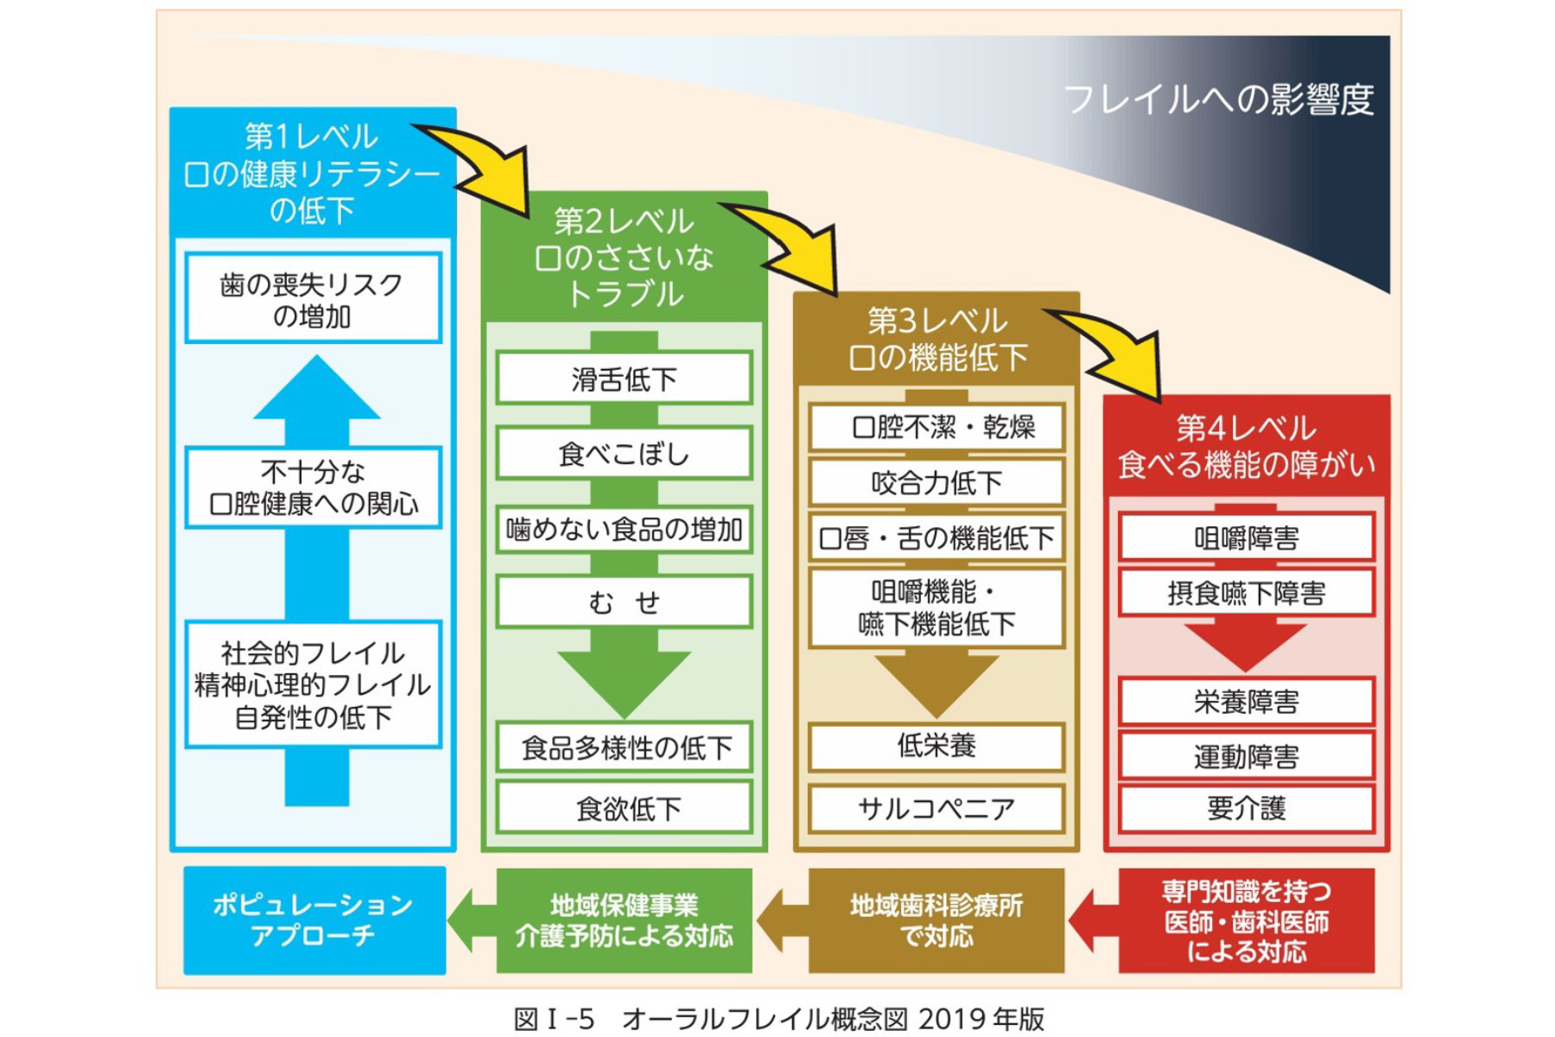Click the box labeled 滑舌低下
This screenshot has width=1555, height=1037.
click(x=624, y=379)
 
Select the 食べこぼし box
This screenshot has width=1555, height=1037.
click(x=624, y=454)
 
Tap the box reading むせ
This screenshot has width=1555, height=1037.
click(x=624, y=601)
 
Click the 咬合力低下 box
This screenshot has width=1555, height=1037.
click(x=936, y=482)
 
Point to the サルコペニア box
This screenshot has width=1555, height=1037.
click(x=936, y=809)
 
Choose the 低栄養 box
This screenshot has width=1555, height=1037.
click(x=936, y=746)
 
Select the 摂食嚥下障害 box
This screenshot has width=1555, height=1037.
click(x=1246, y=593)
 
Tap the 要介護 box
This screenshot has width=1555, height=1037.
click(x=1246, y=809)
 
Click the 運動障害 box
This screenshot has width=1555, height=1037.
click(x=1246, y=757)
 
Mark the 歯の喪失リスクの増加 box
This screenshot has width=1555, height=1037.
click(x=313, y=299)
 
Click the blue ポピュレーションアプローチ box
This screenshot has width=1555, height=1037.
click(x=314, y=920)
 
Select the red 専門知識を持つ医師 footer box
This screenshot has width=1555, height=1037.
click(x=1246, y=921)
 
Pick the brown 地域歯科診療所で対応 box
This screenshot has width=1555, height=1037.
click(x=936, y=921)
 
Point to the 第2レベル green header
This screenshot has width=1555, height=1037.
click(x=624, y=258)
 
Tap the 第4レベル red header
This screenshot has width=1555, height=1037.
click(x=1246, y=447)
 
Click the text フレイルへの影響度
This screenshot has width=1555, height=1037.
click(x=1218, y=99)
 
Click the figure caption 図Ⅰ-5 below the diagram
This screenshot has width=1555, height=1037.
click(x=777, y=1019)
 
